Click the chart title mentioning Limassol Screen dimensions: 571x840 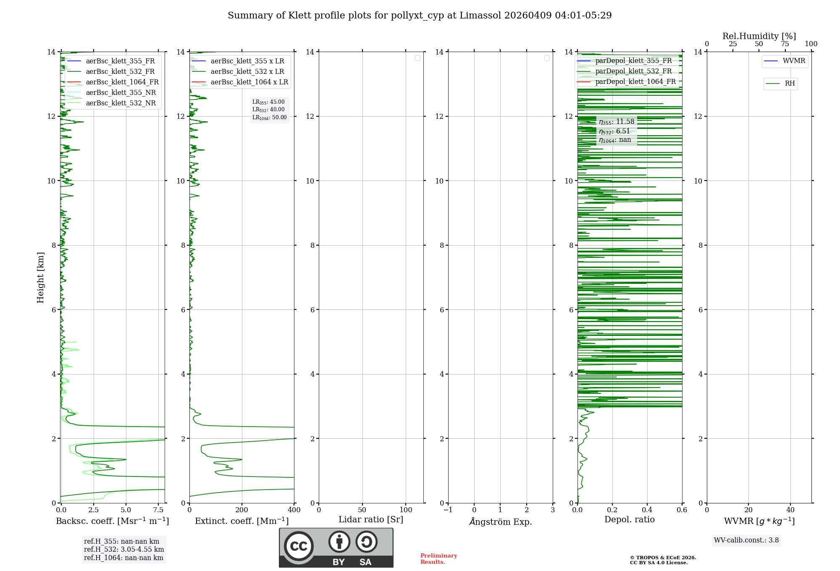420,16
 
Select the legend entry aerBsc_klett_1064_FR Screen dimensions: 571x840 122,82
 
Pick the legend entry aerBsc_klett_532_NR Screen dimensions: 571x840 121,103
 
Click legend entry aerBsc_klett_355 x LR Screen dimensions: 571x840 247,61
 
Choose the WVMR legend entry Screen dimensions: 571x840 794,61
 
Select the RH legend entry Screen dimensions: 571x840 790,84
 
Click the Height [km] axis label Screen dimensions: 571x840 40,278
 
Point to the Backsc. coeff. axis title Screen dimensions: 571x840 113,521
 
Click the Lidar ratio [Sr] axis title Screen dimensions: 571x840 371,520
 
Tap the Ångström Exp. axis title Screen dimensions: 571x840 500,521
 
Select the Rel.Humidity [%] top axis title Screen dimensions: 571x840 759,36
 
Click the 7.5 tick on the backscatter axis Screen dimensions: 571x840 158,510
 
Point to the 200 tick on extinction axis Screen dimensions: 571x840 242,510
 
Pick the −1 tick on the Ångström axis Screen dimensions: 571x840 448,510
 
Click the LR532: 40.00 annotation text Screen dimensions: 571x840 268,110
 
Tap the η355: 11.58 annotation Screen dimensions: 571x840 617,122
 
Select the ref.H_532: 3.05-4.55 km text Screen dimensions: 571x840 124,550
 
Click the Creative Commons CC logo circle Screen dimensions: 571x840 299,546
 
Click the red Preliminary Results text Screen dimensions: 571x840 438,559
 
